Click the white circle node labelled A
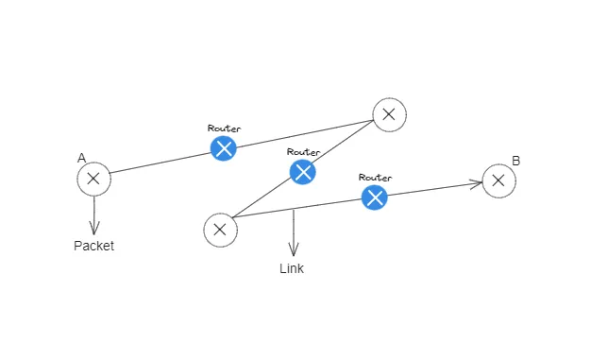[x=93, y=179]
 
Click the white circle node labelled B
[x=499, y=180]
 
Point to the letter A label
[x=82, y=159]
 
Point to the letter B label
[x=515, y=161]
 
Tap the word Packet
[x=93, y=246]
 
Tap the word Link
[x=292, y=269]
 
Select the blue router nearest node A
[x=223, y=147]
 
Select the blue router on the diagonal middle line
[x=302, y=171]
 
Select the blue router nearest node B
[x=375, y=197]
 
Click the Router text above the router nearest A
[x=223, y=127]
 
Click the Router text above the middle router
[x=303, y=151]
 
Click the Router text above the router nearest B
[x=375, y=177]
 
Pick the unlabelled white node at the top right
[x=389, y=115]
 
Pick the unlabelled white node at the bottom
[x=219, y=229]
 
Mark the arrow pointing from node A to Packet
[x=93, y=216]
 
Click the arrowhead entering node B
[x=477, y=183]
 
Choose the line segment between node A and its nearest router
[x=160, y=163]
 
